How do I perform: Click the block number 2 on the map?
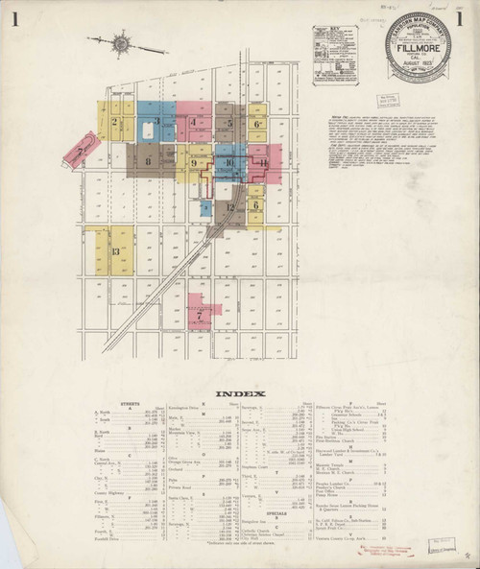(114, 122)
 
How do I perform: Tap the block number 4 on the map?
(194, 123)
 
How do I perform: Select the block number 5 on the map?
(230, 123)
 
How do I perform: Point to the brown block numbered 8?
(148, 162)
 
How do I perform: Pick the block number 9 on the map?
(194, 164)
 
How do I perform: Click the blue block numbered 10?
(228, 162)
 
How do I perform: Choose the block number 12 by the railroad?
(230, 206)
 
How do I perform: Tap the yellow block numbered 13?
(115, 251)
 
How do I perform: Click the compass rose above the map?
(122, 43)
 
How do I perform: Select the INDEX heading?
(236, 393)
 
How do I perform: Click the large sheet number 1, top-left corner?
(16, 19)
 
